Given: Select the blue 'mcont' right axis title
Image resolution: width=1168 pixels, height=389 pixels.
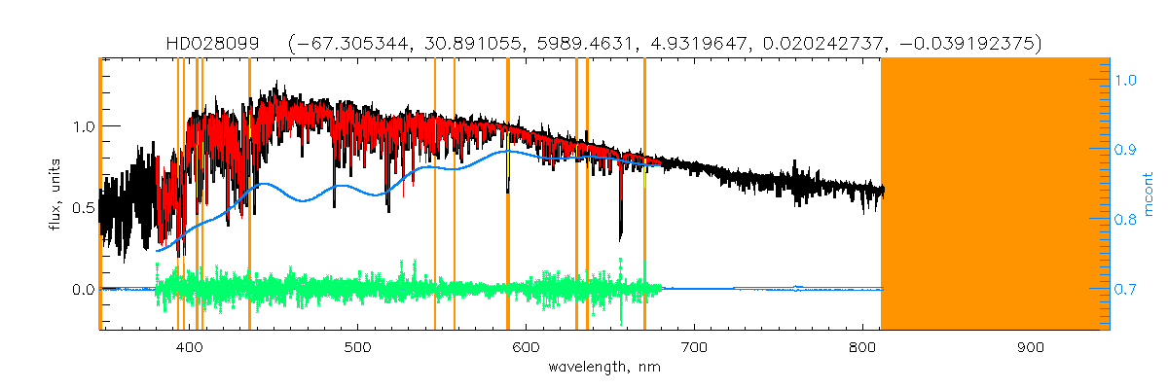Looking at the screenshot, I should tap(1149, 194).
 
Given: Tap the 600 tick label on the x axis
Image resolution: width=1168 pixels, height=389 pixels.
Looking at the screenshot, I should tap(527, 349).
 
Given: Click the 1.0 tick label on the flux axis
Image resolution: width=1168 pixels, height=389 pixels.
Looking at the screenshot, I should tap(83, 126).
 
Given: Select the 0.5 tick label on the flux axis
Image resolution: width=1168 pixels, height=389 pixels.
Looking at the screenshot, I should tap(83, 208).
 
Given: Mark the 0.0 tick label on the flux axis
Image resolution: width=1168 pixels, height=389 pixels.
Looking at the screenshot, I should tap(83, 290).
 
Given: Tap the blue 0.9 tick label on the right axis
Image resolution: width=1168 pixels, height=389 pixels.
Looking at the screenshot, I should tap(1126, 150).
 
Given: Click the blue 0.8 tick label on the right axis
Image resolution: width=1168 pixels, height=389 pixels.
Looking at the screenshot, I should tap(1126, 220).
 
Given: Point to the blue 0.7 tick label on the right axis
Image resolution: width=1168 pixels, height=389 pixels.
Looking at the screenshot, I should tap(1126, 290).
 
